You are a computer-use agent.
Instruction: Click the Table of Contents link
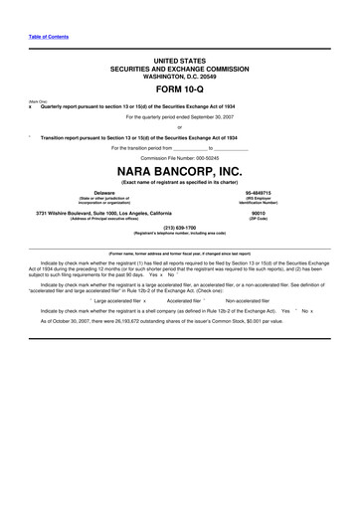[x=47, y=36]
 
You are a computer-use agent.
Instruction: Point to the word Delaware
[x=103, y=193]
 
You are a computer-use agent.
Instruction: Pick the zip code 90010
[x=259, y=212]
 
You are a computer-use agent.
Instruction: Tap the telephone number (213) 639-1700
[x=179, y=227]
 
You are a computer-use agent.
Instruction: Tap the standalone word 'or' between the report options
[x=179, y=128]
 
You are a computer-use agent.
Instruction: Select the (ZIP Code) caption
[x=259, y=218]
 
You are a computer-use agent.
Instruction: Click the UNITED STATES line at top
[x=179, y=61]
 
